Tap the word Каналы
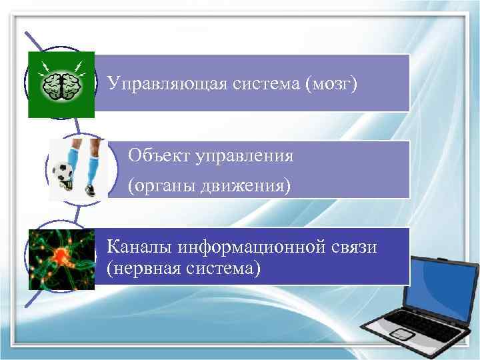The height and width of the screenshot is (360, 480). pos(139,248)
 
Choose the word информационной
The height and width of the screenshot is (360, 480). pos(251,248)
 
